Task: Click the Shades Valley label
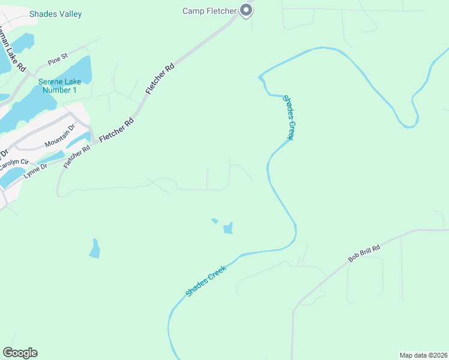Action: pos(56,14)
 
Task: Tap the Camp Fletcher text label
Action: pos(209,10)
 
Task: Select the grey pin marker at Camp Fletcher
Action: pos(246,10)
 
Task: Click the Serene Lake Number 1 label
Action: pos(58,86)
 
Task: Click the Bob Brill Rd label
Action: pos(364,254)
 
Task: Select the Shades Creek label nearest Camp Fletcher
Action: pos(288,118)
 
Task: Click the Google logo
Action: pos(20,353)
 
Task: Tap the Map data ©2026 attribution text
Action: pos(423,355)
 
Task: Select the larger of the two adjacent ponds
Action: pos(228,228)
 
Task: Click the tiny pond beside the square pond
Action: pos(214,221)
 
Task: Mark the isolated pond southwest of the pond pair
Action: pos(94,248)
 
